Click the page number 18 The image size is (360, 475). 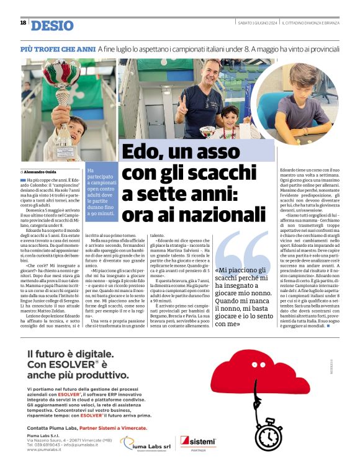pos(23,23)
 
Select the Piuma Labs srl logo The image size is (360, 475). pos(146,443)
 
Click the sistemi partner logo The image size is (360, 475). pos(197,443)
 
